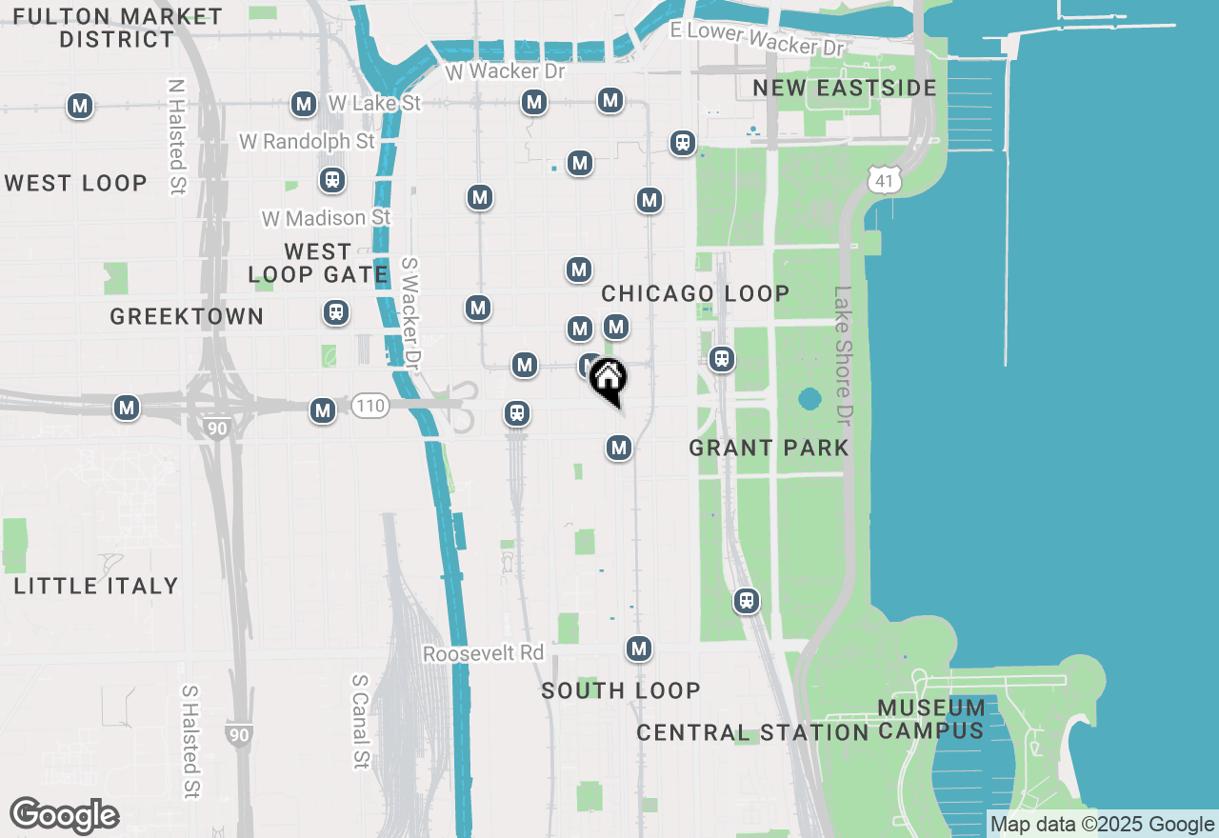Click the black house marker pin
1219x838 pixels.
click(608, 378)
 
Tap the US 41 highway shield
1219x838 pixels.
click(885, 178)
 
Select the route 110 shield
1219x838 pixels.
click(370, 407)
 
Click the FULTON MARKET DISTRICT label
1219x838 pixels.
click(118, 29)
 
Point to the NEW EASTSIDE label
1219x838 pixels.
click(845, 88)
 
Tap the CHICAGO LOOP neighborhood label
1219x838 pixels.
click(695, 293)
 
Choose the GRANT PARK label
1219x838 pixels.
click(769, 448)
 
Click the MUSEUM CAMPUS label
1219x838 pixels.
click(930, 719)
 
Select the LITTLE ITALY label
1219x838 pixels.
click(96, 586)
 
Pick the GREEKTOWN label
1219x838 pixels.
click(187, 316)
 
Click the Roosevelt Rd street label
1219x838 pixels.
click(483, 654)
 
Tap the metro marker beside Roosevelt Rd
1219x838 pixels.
click(639, 649)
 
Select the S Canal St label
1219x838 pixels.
click(360, 722)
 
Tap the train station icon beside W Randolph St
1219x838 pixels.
click(331, 179)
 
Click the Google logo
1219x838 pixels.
click(64, 816)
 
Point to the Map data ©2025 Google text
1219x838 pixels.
click(1102, 825)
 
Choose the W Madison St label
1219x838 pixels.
click(326, 218)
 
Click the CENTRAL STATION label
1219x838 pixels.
click(751, 732)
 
